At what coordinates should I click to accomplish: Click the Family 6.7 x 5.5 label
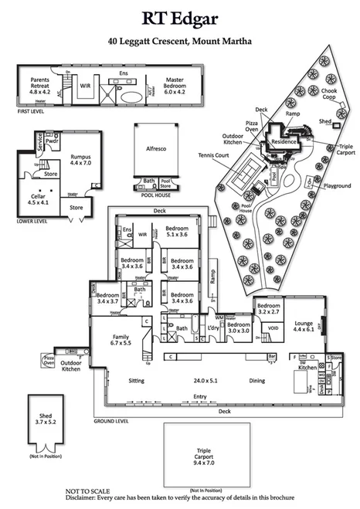[x=121, y=341]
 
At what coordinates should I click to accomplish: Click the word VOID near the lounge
[x=272, y=328]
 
